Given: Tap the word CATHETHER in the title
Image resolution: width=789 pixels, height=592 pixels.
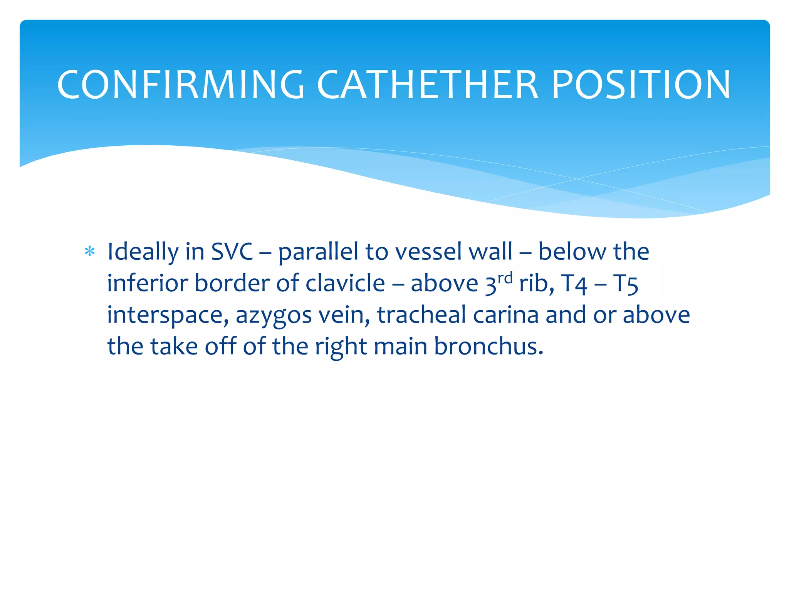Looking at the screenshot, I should [427, 84].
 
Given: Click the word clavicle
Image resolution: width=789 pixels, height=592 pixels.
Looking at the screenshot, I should [345, 284].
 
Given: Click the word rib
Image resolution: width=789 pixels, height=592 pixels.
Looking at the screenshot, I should [536, 284].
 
